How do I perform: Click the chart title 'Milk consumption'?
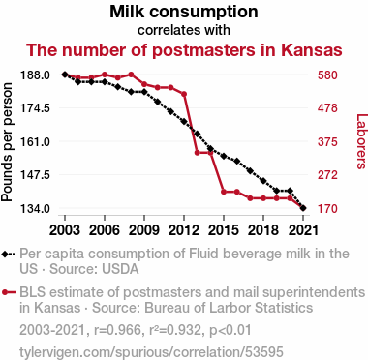click(x=184, y=12)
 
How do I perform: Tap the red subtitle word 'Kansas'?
click(x=311, y=50)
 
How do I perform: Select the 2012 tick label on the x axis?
click(x=184, y=230)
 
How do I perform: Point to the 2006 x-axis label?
click(x=105, y=230)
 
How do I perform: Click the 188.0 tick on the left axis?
click(x=35, y=75)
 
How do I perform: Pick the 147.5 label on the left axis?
click(x=35, y=175)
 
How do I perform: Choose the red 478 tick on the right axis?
click(x=327, y=108)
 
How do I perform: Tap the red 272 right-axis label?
click(x=327, y=175)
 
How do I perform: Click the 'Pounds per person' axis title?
click(x=7, y=142)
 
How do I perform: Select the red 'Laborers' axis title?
click(x=361, y=141)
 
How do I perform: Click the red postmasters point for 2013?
click(x=197, y=153)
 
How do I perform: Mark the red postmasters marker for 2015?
click(x=224, y=192)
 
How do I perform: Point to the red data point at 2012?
click(x=184, y=94)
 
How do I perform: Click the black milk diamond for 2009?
click(x=144, y=92)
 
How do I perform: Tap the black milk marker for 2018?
click(x=263, y=181)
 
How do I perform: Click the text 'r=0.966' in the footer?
click(x=117, y=330)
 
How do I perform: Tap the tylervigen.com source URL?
click(x=151, y=351)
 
